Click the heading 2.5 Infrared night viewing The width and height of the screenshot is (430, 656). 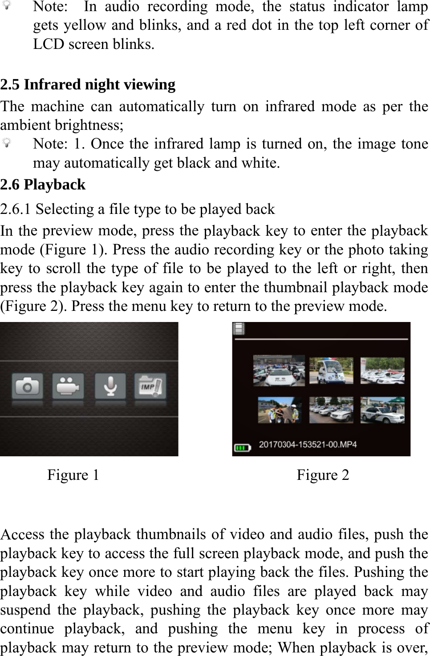click(x=88, y=85)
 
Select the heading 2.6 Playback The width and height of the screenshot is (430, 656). click(x=43, y=185)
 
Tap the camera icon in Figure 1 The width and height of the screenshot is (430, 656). click(x=28, y=386)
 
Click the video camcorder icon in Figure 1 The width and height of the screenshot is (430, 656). click(x=68, y=386)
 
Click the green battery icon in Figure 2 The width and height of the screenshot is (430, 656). click(x=243, y=447)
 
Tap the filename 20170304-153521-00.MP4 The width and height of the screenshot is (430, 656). click(x=308, y=444)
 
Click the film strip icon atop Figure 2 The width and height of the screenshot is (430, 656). click(x=239, y=329)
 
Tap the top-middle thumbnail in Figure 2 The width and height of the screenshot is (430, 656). click(x=331, y=370)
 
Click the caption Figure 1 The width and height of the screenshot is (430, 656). click(x=73, y=475)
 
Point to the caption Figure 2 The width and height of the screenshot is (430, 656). click(x=323, y=475)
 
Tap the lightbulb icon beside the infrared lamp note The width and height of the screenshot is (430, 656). click(x=7, y=144)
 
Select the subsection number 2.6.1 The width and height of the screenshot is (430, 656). click(x=16, y=209)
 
